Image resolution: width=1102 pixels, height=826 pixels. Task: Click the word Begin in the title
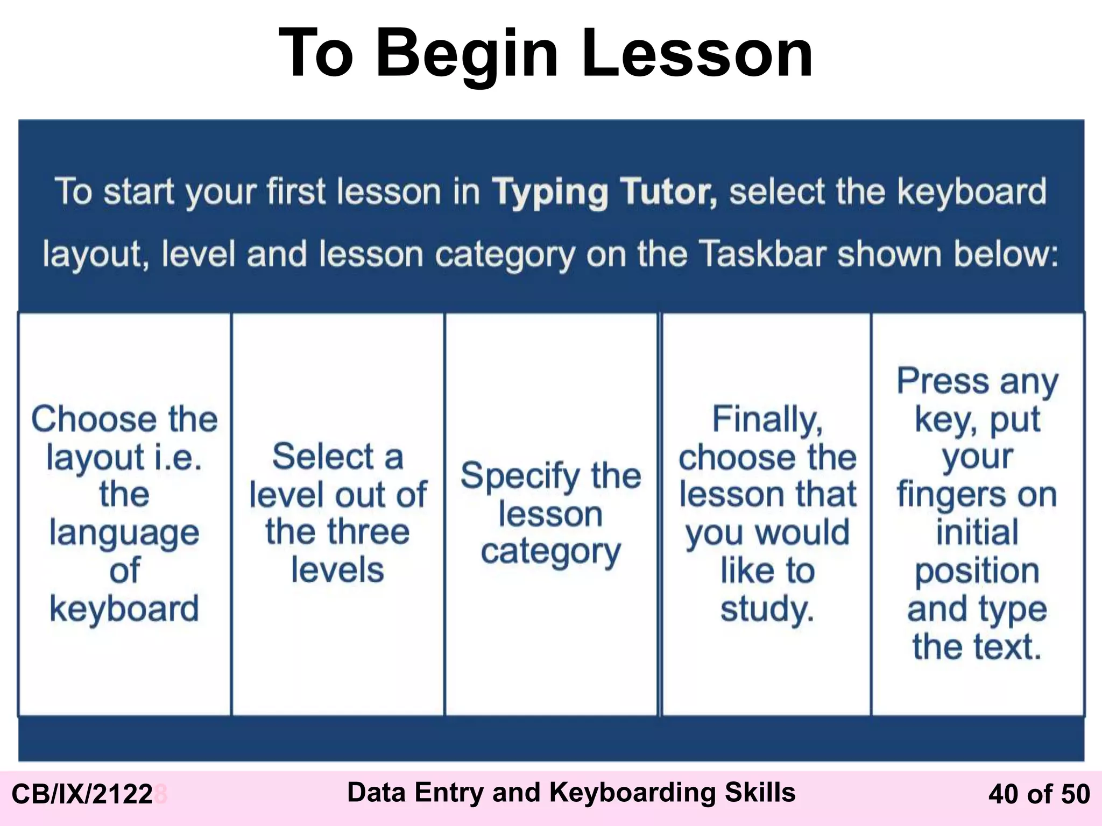click(x=467, y=54)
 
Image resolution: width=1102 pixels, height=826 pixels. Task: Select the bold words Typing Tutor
click(x=604, y=192)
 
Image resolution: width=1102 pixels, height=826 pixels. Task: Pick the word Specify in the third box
click(x=520, y=476)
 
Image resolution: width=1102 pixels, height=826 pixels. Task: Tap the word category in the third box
click(x=550, y=552)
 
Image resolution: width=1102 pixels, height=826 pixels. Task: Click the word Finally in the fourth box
click(x=767, y=419)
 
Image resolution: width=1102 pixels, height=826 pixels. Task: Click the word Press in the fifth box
click(x=943, y=381)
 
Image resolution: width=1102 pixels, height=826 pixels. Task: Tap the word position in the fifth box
click(x=977, y=571)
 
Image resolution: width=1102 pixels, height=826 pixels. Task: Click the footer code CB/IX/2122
click(x=82, y=794)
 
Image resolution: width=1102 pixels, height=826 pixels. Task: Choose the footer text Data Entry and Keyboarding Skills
click(x=571, y=792)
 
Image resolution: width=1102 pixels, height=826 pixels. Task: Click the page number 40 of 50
click(x=1039, y=794)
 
